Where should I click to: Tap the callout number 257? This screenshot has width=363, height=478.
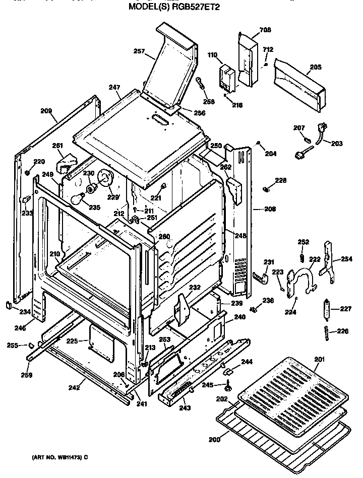click(x=139, y=51)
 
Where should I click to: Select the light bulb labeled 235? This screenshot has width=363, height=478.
click(x=77, y=199)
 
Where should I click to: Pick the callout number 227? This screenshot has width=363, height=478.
click(x=345, y=309)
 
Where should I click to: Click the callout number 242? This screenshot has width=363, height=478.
click(x=74, y=388)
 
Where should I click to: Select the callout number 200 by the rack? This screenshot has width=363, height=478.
click(x=215, y=440)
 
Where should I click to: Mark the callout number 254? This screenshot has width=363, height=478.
click(x=346, y=259)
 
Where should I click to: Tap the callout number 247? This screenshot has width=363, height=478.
click(x=114, y=87)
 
